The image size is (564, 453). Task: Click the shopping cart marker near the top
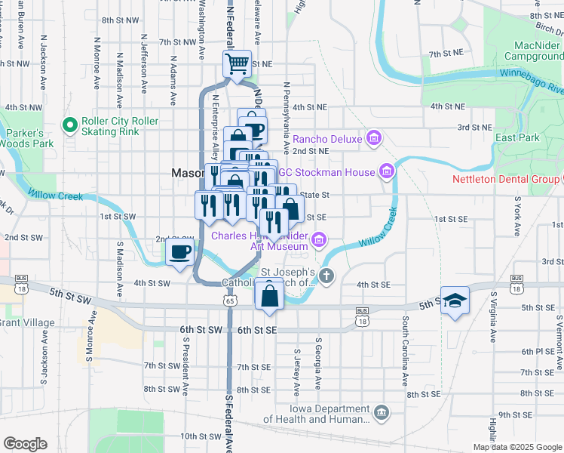click(238, 64)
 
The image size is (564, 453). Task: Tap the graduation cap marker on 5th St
click(455, 300)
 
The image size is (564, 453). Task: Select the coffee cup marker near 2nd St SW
click(179, 252)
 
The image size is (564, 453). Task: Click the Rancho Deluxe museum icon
click(373, 138)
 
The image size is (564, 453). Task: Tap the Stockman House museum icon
click(388, 172)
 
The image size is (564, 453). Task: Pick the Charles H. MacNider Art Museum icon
click(320, 241)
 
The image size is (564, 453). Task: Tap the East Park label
click(517, 138)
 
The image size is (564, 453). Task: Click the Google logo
click(25, 444)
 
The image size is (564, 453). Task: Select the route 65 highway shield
click(229, 300)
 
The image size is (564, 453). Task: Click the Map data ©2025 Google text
click(516, 447)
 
